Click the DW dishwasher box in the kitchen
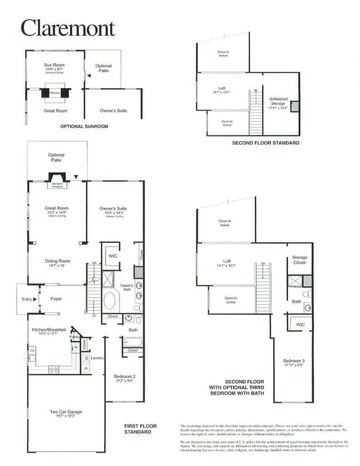pos(32,350)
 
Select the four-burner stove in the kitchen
pos(54,370)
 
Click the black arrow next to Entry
pos(35,299)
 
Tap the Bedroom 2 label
pos(124,376)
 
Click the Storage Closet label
pos(299,260)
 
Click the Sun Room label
pos(54,66)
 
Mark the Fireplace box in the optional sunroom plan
pos(55,92)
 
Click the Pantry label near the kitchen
pos(74,337)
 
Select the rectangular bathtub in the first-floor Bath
pos(133,342)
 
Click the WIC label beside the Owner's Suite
pos(113,256)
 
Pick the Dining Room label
pos(57,261)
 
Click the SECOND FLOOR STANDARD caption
pos(266,143)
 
